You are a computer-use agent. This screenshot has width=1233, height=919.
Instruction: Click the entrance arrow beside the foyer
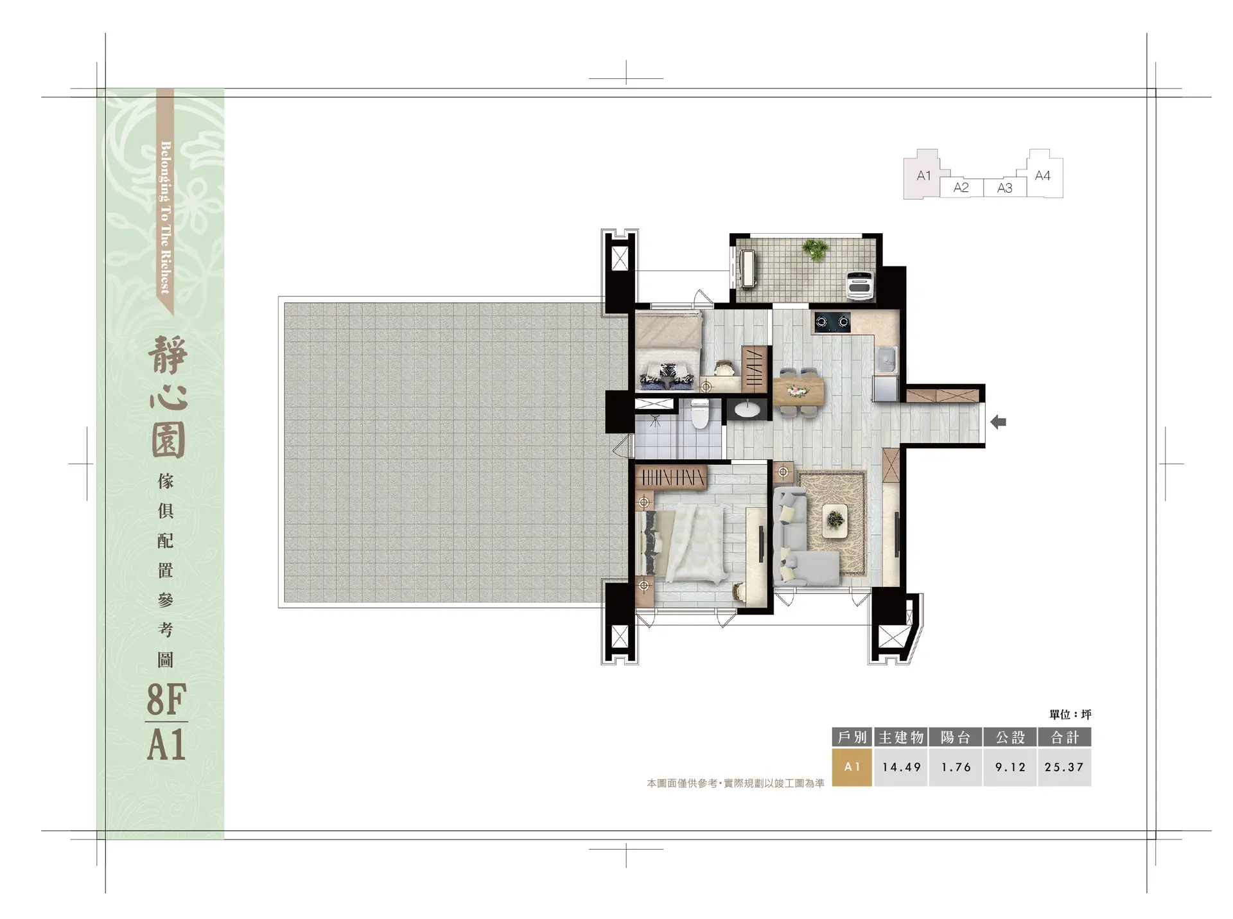pos(998,422)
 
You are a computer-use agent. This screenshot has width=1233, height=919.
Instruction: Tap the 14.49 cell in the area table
pos(901,767)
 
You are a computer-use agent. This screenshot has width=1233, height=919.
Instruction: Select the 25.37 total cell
pos(1064,767)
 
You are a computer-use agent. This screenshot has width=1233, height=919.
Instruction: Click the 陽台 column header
pos(956,737)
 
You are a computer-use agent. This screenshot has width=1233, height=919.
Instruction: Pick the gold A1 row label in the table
pos(852,767)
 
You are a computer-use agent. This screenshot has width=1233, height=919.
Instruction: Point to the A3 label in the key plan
pos(1004,188)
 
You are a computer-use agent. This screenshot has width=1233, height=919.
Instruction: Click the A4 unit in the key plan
pos(1043,175)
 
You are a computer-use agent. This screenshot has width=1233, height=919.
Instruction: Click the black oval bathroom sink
pos(748,409)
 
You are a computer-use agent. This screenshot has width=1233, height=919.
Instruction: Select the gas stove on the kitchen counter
pos(832,321)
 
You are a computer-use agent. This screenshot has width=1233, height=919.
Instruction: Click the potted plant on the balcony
pos(816,249)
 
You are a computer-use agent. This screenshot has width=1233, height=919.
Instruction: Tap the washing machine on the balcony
pos(859,284)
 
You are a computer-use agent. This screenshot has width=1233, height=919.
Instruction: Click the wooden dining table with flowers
pos(798,390)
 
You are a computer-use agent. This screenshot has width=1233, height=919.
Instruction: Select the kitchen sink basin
pos(885,362)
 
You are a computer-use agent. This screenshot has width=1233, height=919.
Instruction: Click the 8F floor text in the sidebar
pos(166,700)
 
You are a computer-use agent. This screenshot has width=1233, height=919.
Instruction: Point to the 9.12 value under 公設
pos(1010,767)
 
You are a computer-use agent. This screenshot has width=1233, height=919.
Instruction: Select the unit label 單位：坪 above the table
pos(1071,714)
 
